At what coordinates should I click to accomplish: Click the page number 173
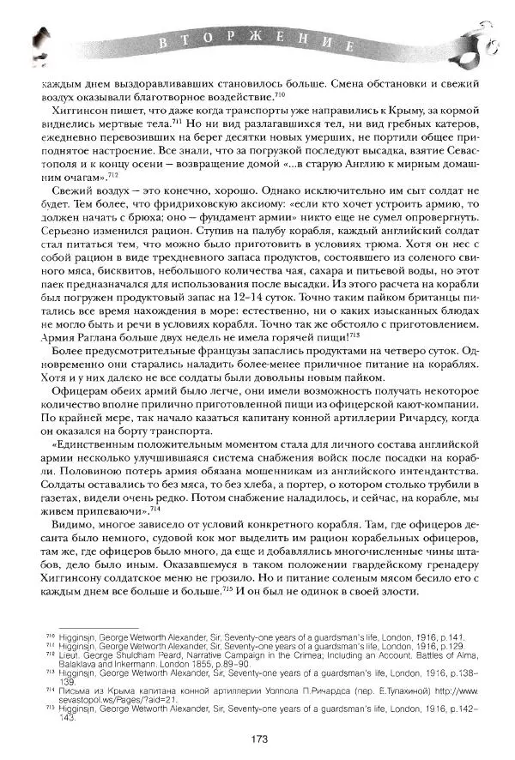[260, 739]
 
